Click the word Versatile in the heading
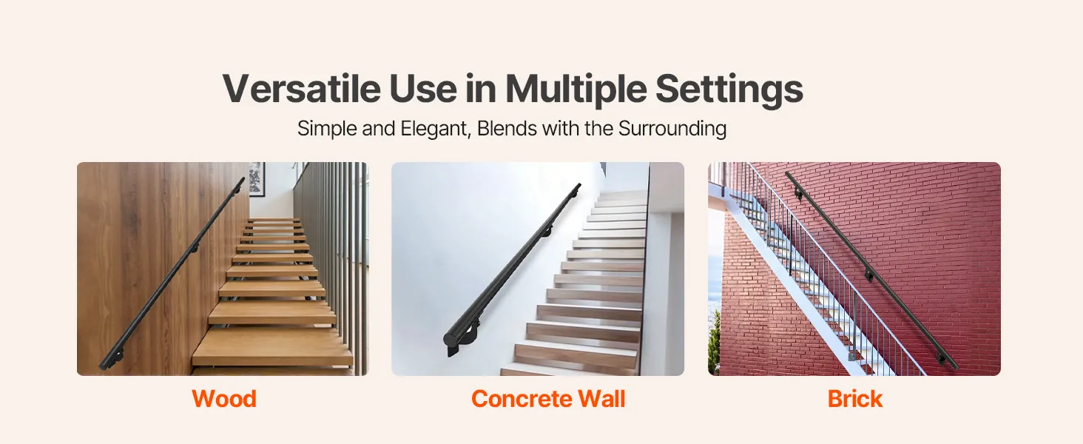(302, 89)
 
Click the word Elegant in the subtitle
(435, 129)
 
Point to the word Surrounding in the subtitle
(672, 129)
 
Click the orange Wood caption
(224, 399)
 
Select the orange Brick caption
(855, 399)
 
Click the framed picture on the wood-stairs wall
(257, 179)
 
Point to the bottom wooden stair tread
(273, 347)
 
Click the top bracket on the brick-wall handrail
(798, 194)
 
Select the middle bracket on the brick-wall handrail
(868, 276)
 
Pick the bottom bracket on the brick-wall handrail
(941, 359)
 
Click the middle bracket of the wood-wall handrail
(195, 249)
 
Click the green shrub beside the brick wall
(714, 342)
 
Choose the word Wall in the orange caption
(602, 399)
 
